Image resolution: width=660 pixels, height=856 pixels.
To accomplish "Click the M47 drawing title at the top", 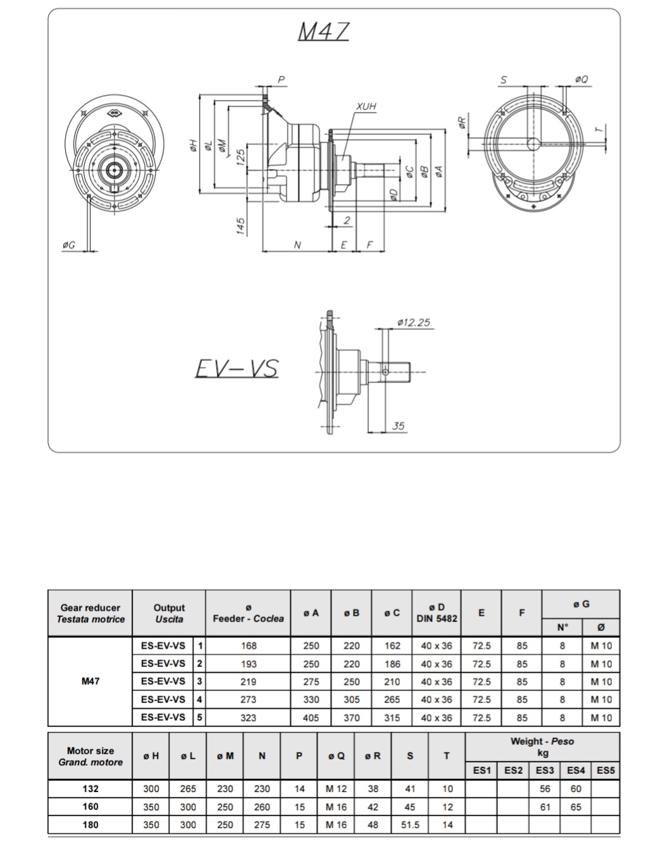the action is (x=323, y=31).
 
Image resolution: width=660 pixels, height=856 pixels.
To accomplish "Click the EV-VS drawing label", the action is (x=237, y=369).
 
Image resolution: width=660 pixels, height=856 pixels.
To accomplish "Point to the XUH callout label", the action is (x=366, y=106).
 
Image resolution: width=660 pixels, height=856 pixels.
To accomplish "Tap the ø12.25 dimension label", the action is (x=414, y=322).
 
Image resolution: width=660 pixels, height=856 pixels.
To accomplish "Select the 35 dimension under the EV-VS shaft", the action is (x=399, y=426).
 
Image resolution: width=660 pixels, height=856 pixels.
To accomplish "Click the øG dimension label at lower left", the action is (x=68, y=245).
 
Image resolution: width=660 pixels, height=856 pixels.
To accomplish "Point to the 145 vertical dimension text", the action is (x=240, y=226).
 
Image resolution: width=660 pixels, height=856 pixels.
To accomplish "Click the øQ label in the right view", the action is (x=581, y=79).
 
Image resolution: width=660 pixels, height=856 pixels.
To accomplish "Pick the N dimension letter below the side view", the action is (x=297, y=245).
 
